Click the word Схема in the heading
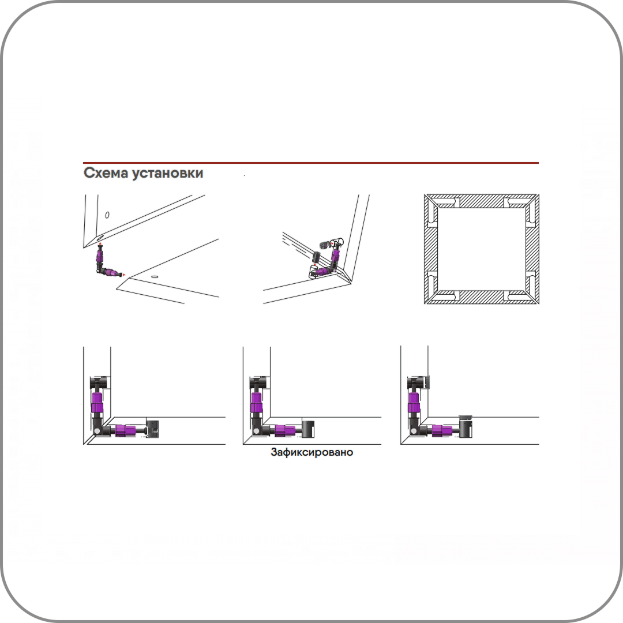pos(106,173)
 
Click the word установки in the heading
pos(167,174)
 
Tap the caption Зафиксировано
pos(312,452)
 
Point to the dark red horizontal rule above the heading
pos(311,163)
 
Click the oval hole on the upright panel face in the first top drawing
pos(107,215)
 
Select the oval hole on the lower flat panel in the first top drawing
pos(155,276)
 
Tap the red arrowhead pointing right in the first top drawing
pos(124,275)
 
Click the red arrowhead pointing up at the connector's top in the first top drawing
pos(100,243)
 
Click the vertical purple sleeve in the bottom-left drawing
pos(97,402)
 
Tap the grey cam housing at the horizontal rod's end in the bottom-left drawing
pos(152,429)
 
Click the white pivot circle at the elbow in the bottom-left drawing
pos(97,431)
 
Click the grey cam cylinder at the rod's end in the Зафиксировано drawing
pos(308,429)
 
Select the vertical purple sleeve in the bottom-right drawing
pos(414,402)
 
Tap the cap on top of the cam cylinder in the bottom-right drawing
pos(466,417)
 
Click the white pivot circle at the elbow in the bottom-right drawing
pos(414,431)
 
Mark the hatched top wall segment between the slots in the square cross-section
pos(482,201)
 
